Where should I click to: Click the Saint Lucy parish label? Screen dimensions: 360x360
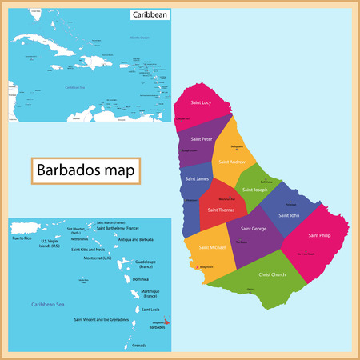click(x=199, y=102)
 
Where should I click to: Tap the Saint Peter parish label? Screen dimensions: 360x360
click(x=201, y=138)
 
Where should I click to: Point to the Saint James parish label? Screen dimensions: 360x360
click(x=197, y=178)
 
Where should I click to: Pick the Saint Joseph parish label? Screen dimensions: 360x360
click(x=256, y=190)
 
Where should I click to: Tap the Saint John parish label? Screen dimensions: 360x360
click(x=289, y=214)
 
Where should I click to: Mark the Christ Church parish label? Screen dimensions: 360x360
click(x=272, y=274)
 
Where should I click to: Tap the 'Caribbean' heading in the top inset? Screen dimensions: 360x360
click(x=150, y=14)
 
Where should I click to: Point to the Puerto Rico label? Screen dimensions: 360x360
click(x=22, y=238)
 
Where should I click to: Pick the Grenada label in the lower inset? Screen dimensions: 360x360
click(x=139, y=345)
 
